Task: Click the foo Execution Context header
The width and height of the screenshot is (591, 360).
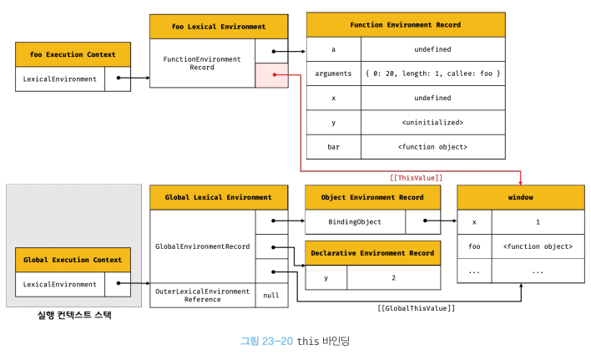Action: pyautogui.click(x=73, y=54)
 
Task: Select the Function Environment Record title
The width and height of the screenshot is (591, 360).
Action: pyautogui.click(x=406, y=25)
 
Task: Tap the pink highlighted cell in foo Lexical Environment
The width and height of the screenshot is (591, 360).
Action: pyautogui.click(x=272, y=75)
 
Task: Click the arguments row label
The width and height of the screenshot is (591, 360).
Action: pyautogui.click(x=333, y=74)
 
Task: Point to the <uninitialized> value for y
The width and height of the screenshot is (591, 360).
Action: pyautogui.click(x=432, y=123)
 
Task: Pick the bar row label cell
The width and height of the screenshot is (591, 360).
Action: pyautogui.click(x=334, y=147)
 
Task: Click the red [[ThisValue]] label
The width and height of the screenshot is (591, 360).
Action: pyautogui.click(x=416, y=178)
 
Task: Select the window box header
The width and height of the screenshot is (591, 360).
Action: pyautogui.click(x=521, y=197)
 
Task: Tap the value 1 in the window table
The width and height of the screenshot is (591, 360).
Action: pyautogui.click(x=538, y=222)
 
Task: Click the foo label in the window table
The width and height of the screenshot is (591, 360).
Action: pyautogui.click(x=474, y=246)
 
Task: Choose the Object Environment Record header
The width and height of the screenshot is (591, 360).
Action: pyautogui.click(x=373, y=197)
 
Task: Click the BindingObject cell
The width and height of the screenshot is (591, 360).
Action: pyautogui.click(x=355, y=222)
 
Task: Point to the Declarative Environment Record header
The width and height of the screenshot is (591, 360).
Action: pyautogui.click(x=373, y=253)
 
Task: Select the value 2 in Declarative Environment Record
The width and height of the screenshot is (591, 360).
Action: pyautogui.click(x=393, y=278)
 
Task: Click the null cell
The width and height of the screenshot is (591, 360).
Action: pyautogui.click(x=271, y=296)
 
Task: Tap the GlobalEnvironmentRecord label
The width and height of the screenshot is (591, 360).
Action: pyautogui.click(x=203, y=246)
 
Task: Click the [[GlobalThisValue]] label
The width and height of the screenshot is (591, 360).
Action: pyautogui.click(x=416, y=308)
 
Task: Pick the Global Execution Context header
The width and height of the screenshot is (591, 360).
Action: pyautogui.click(x=73, y=260)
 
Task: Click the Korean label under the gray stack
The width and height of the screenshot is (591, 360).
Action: pyautogui.click(x=74, y=315)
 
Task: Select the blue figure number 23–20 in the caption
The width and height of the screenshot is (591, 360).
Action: pyautogui.click(x=277, y=341)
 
